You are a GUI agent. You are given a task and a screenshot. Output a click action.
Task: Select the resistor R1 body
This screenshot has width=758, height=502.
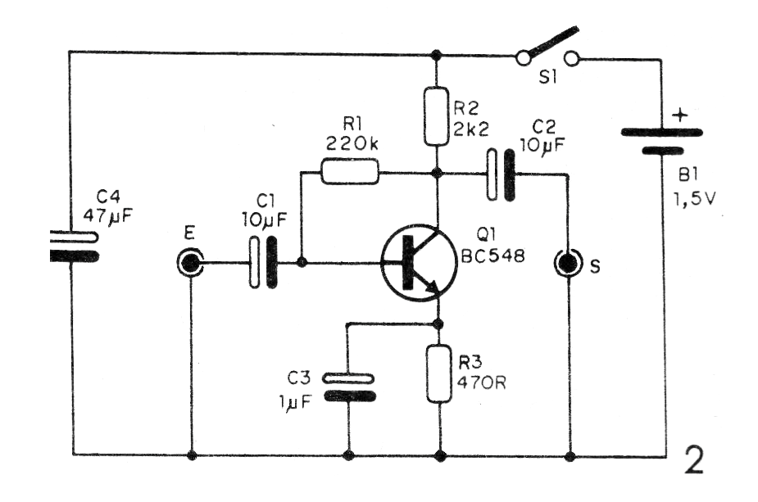tap(350, 172)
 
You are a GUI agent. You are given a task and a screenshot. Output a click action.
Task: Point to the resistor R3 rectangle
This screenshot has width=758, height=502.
tap(439, 373)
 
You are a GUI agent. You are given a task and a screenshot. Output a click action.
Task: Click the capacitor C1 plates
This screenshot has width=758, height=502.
tap(262, 264)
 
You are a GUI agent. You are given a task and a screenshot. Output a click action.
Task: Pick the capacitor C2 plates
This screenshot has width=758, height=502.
tap(499, 173)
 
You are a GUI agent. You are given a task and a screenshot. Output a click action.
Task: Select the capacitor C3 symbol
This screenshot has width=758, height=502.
tap(348, 387)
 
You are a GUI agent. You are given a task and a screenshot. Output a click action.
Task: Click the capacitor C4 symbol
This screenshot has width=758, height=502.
tap(74, 246)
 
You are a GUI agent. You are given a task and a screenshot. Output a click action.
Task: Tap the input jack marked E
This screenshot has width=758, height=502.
tap(190, 264)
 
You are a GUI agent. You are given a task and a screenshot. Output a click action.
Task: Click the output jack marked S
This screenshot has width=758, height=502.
tap(567, 264)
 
